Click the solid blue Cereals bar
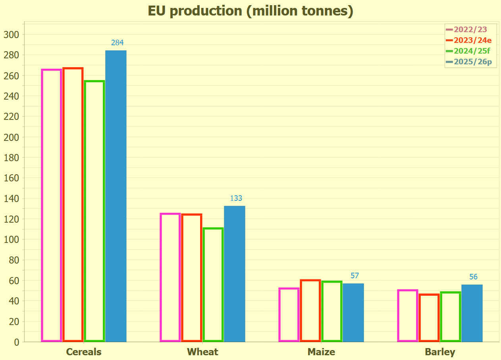tap(116, 196)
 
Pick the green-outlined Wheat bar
tap(213, 285)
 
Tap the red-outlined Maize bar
tap(310, 310)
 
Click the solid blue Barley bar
tap(472, 313)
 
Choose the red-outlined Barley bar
tap(429, 318)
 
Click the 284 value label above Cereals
tap(118, 43)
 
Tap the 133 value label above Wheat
tap(236, 198)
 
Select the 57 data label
tap(355, 276)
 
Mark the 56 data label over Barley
tap(473, 277)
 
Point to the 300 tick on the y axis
tap(11, 35)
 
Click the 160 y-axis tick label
tap(11, 178)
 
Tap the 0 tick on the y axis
tap(16, 342)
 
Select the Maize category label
tap(321, 352)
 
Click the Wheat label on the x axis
tap(202, 352)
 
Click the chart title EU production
tap(250, 11)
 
